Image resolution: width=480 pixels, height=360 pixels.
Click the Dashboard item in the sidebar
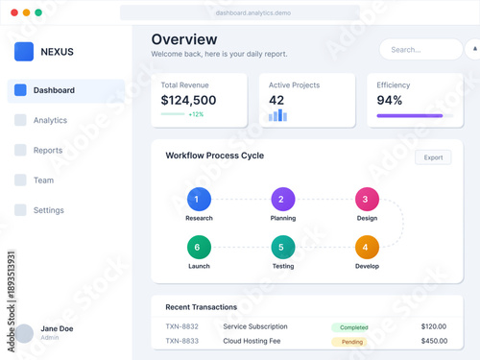[x=54, y=90]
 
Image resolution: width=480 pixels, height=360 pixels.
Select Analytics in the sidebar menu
[x=50, y=120]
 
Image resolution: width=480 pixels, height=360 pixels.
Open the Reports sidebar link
[x=48, y=150]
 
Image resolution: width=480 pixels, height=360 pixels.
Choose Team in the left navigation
[x=43, y=180]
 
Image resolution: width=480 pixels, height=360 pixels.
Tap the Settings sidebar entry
[x=49, y=210]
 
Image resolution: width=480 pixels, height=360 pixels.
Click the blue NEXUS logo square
[x=24, y=51]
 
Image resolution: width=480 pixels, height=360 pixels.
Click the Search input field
[x=420, y=50]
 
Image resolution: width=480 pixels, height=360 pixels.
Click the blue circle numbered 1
[x=197, y=200]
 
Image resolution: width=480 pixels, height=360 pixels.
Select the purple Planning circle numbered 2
[x=282, y=200]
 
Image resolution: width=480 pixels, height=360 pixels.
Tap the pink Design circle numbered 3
[x=367, y=200]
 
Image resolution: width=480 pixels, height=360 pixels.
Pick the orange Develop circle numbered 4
[x=367, y=247]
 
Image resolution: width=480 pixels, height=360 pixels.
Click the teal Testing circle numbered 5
[x=282, y=247]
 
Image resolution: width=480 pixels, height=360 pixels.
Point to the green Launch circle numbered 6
[x=197, y=247]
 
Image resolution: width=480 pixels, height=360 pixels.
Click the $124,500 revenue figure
[x=188, y=100]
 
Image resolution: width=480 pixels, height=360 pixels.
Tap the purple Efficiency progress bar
[x=410, y=116]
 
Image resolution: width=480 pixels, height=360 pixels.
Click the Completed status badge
[x=354, y=327]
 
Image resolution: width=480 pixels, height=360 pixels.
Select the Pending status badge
[x=352, y=341]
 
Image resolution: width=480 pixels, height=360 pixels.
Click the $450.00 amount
[x=434, y=341]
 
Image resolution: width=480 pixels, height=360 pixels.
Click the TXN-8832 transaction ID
[x=181, y=326]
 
